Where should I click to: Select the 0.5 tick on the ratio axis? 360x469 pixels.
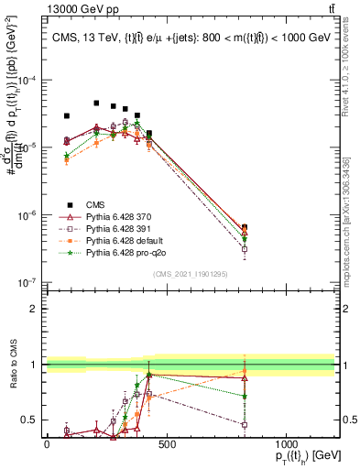(x=30, y=420)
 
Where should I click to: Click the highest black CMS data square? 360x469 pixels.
(x=96, y=104)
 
